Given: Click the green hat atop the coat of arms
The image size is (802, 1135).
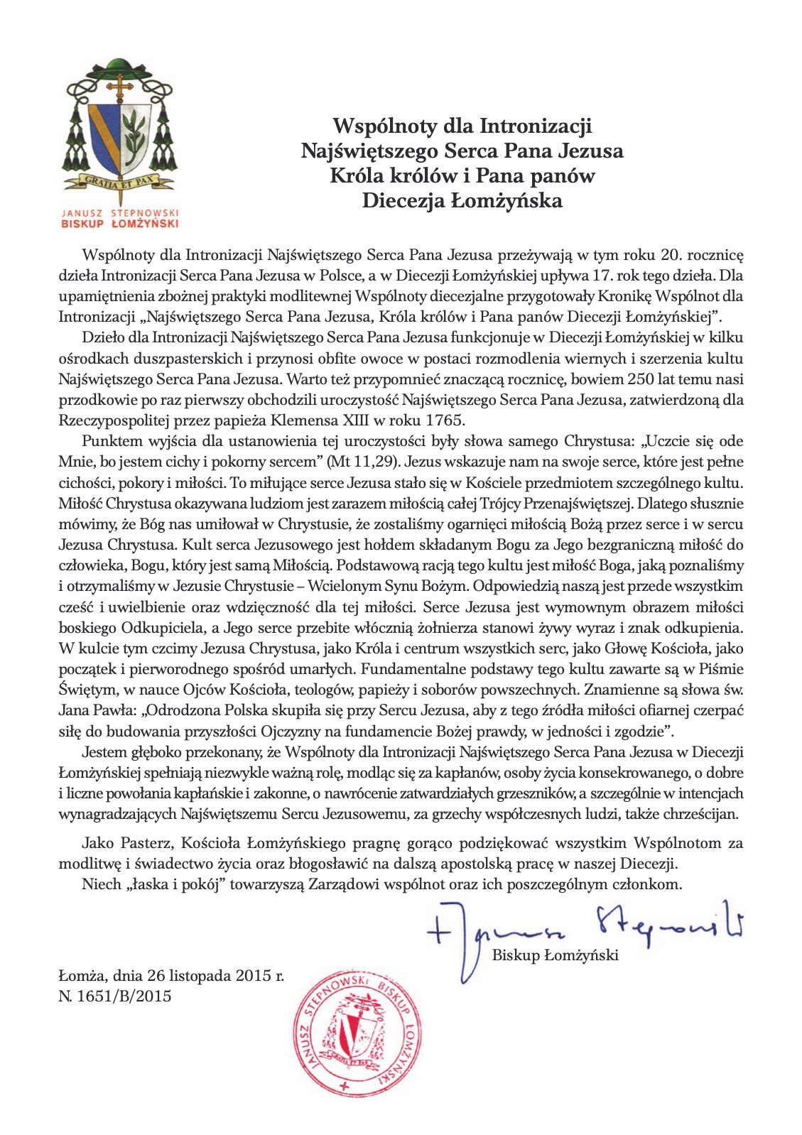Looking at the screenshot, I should pyautogui.click(x=120, y=70).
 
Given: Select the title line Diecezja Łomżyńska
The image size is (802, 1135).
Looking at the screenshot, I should pyautogui.click(x=462, y=201).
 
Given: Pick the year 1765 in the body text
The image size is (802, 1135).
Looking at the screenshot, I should pyautogui.click(x=445, y=420).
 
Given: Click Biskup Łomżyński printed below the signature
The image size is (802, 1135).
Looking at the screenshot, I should pyautogui.click(x=556, y=955).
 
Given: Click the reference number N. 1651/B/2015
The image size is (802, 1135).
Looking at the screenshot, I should pyautogui.click(x=115, y=996).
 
